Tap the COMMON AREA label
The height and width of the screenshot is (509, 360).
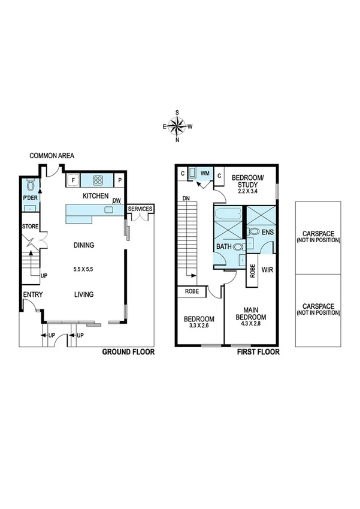(x=52, y=156)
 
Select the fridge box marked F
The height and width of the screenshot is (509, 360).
(x=73, y=179)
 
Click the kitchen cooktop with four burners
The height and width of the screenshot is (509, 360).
(x=98, y=179)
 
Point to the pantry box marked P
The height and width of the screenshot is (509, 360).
(x=120, y=180)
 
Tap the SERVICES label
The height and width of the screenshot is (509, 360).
(x=141, y=209)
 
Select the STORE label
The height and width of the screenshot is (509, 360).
(x=30, y=227)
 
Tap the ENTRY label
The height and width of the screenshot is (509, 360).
(x=32, y=294)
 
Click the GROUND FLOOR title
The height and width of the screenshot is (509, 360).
(x=128, y=353)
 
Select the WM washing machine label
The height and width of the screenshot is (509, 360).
(x=205, y=173)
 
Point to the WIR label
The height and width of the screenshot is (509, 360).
(x=267, y=270)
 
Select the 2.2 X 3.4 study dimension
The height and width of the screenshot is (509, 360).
(x=244, y=191)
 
